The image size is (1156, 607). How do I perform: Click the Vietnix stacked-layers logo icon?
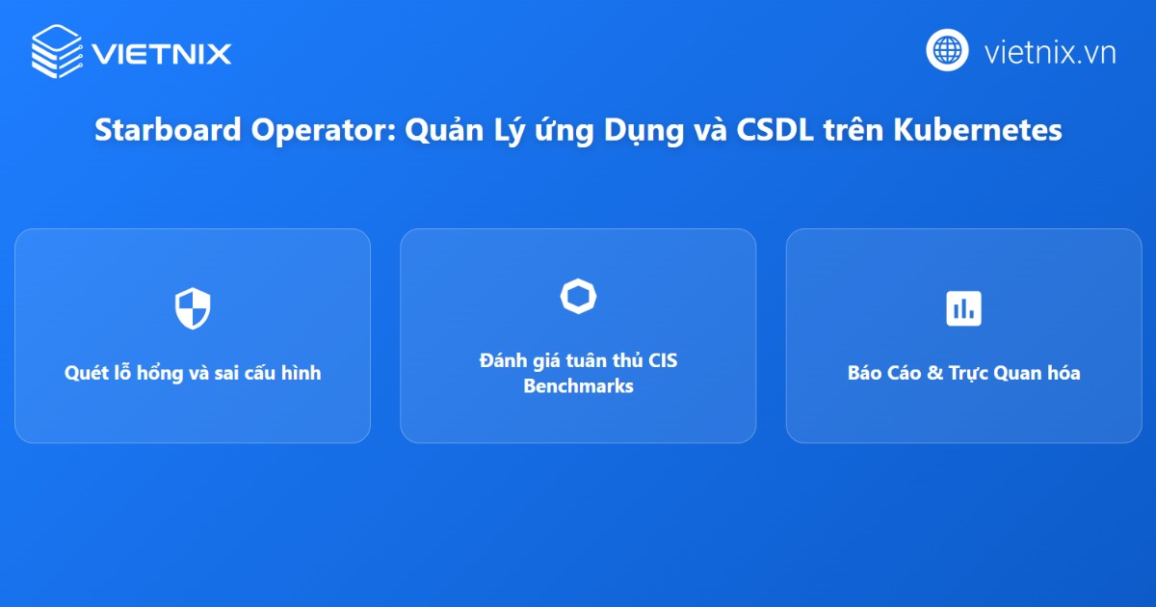point(57,50)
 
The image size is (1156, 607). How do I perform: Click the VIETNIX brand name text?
point(162,53)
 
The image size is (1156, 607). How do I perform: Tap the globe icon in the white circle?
point(947,50)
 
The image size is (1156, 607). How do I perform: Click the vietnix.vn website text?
point(1049,51)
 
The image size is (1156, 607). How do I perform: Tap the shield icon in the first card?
point(193,308)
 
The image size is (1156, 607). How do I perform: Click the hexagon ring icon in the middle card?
point(578,297)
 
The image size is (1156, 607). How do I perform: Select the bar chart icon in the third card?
point(963,308)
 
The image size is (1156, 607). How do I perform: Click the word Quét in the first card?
point(84,374)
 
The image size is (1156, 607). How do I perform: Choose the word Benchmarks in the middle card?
point(578,386)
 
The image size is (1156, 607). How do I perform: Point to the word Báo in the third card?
point(864,374)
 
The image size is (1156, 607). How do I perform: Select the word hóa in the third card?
point(1061,374)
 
